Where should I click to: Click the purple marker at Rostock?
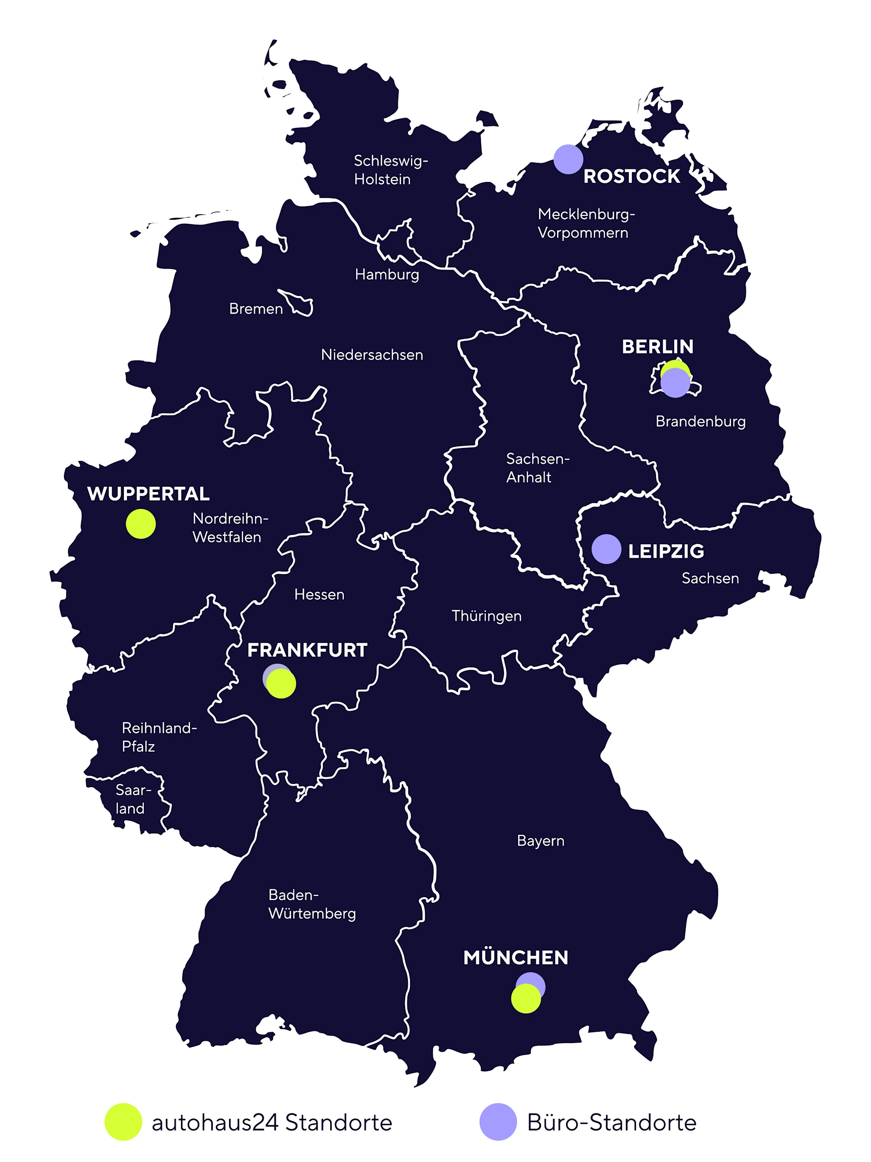[x=568, y=159]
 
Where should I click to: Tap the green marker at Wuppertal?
[x=141, y=524]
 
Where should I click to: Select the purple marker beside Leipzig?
[x=607, y=549]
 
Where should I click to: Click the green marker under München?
[x=525, y=999]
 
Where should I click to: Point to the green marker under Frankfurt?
[x=281, y=684]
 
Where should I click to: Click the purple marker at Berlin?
[x=675, y=383]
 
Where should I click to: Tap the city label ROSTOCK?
[x=631, y=177]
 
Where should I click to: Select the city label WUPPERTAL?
[x=149, y=494]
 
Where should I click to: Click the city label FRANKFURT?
[x=307, y=650]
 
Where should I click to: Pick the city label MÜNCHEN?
[x=515, y=958]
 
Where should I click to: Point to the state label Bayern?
[x=540, y=841]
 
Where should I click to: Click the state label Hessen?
[x=319, y=595]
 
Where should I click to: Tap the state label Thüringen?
[x=486, y=616]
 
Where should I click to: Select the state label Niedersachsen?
[x=372, y=355]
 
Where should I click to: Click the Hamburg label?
[x=387, y=275]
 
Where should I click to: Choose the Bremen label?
[x=256, y=309]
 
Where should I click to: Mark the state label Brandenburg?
[x=700, y=422]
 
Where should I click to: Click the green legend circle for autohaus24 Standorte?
[x=123, y=1122]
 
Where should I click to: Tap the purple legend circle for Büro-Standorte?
[x=498, y=1122]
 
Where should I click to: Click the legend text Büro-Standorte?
[x=612, y=1123]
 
